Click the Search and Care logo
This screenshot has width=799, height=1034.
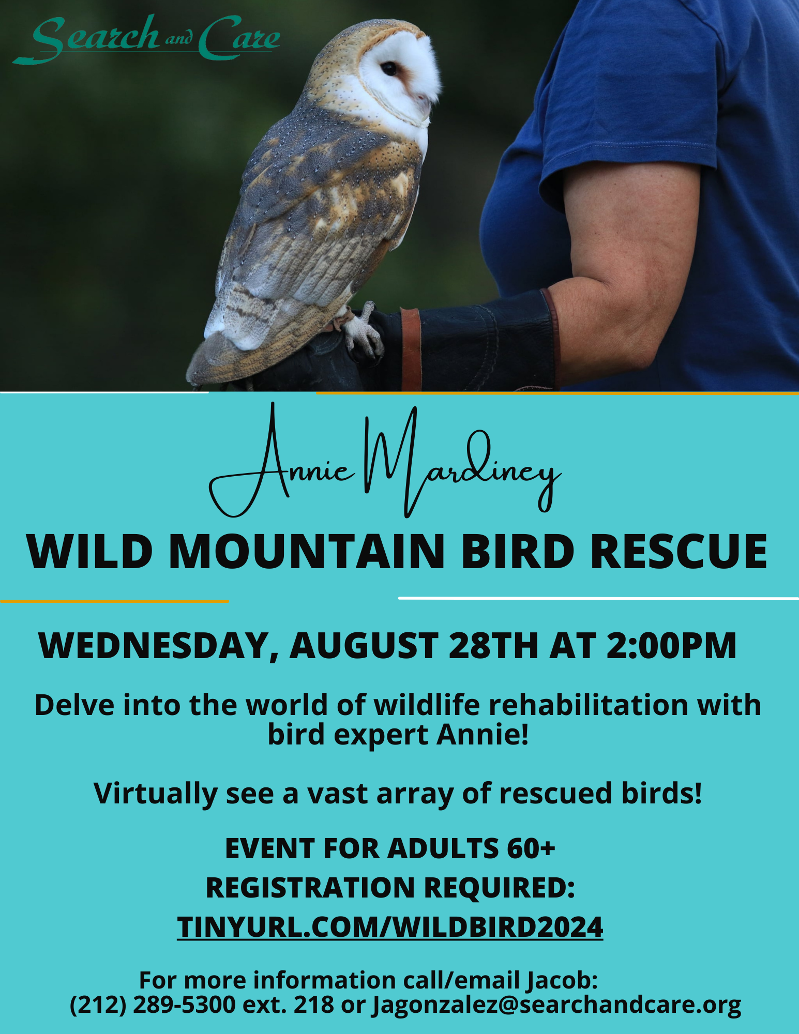point(146,39)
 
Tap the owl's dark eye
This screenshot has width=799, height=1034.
point(388,68)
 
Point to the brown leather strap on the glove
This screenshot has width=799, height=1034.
point(411,349)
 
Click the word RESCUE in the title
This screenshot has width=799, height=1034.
point(679,551)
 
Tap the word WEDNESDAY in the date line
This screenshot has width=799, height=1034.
point(159,646)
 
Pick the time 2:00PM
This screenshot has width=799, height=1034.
point(671,646)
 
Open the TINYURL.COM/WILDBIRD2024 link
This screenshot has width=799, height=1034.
point(390,926)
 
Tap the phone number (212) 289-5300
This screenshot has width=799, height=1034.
point(153,1005)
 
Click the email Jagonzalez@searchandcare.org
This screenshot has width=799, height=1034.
point(557,1005)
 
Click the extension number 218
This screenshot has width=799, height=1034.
point(313,1005)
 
